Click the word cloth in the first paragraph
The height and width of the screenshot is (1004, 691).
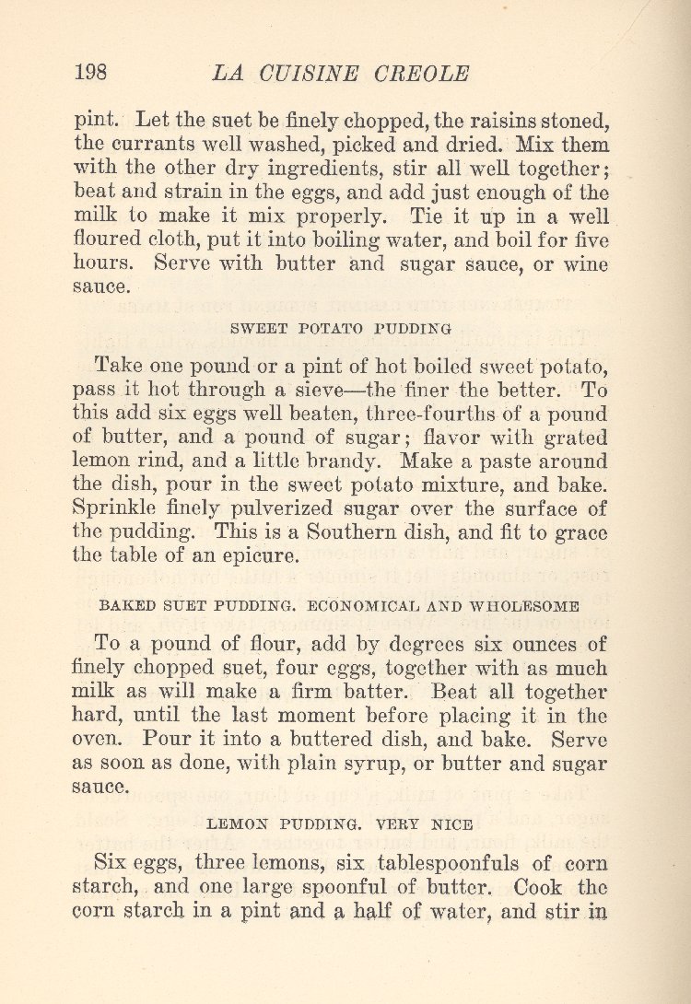pyautogui.click(x=184, y=240)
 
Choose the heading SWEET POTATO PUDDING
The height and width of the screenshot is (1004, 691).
pyautogui.click(x=341, y=327)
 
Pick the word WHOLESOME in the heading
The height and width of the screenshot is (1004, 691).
pyautogui.click(x=524, y=606)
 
